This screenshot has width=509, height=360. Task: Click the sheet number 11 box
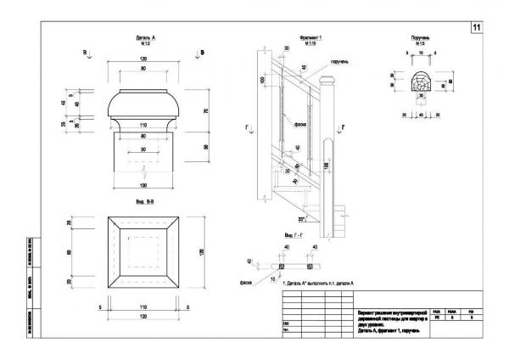pyautogui.click(x=477, y=28)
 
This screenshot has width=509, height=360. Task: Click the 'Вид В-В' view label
pyautogui.click(x=145, y=204)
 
